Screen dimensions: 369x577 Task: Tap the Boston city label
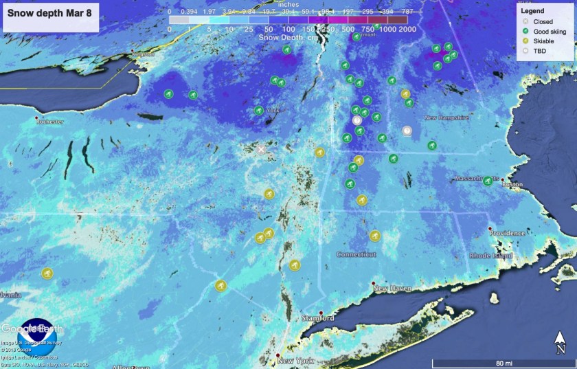tap(512, 184)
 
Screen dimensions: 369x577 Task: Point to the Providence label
tap(508, 233)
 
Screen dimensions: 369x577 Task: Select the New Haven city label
tap(392, 289)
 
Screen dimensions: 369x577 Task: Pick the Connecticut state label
tap(356, 254)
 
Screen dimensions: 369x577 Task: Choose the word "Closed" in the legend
tap(543, 21)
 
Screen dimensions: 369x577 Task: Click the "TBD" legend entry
tap(539, 50)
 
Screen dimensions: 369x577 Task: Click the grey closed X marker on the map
tap(261, 149)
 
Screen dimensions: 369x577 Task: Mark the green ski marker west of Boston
tap(487, 181)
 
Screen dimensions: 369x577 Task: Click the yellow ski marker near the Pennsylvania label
tap(47, 273)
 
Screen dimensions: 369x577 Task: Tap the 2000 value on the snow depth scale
tap(407, 30)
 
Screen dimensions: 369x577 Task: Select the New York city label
tap(295, 361)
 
